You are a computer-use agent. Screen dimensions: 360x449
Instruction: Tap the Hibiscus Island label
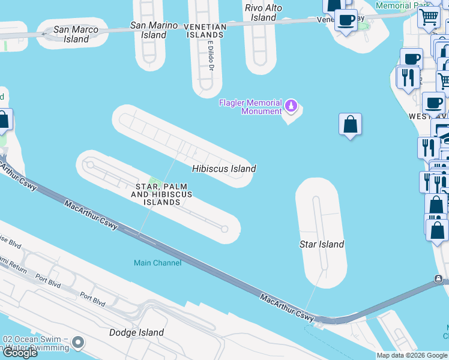224,169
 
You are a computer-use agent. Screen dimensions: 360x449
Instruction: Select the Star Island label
322,244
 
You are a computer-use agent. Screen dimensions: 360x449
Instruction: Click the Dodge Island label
136,332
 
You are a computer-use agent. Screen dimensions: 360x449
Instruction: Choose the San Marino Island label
154,30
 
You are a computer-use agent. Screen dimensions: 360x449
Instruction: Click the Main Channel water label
157,263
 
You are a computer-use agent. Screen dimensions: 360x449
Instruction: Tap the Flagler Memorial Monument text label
250,107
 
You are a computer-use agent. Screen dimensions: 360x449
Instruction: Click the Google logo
20,352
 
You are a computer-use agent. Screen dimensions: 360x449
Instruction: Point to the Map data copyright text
412,355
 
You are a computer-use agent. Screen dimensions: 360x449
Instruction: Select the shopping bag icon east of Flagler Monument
350,125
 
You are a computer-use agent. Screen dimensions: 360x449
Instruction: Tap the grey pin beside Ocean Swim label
77,344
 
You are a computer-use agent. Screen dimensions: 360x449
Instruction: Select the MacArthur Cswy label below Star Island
287,307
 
